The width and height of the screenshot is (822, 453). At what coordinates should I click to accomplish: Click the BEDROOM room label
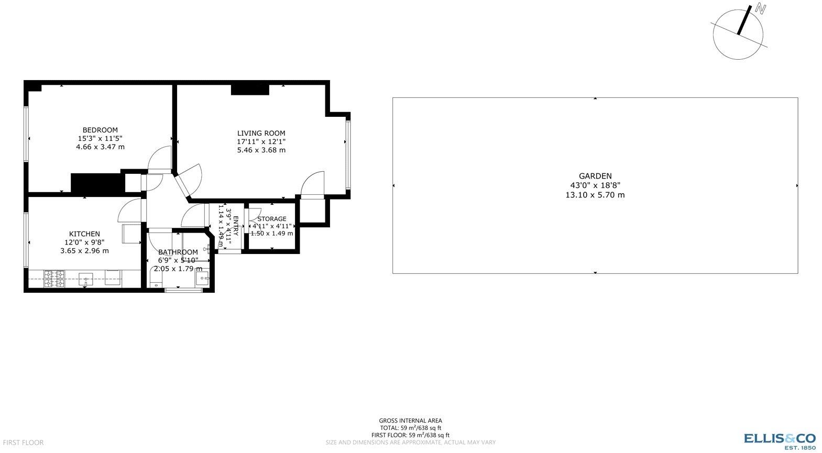(100, 130)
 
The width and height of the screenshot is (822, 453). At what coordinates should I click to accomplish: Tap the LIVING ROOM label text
(261, 133)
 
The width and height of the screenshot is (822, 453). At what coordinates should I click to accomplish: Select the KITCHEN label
(84, 234)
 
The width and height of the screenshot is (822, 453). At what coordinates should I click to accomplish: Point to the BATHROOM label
(178, 252)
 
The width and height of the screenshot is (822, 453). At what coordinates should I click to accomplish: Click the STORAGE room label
(272, 219)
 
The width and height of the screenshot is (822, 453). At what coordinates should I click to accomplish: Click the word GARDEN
(595, 176)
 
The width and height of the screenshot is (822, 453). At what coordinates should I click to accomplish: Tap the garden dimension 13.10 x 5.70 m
(595, 195)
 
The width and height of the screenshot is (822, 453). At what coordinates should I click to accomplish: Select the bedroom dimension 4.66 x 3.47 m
(100, 147)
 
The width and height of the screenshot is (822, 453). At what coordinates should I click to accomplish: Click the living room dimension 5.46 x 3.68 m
(261, 150)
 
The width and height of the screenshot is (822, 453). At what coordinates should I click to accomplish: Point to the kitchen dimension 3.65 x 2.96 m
(84, 250)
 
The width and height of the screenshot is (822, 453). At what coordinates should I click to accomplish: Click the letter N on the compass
(760, 9)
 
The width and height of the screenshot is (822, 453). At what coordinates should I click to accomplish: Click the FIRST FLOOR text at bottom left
(22, 443)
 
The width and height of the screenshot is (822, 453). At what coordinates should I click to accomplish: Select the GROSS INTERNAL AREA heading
(410, 421)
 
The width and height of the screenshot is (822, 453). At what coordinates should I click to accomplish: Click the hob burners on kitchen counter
(54, 279)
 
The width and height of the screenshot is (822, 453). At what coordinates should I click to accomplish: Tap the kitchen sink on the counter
(85, 278)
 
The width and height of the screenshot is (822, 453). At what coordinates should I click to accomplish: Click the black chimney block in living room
(250, 90)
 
